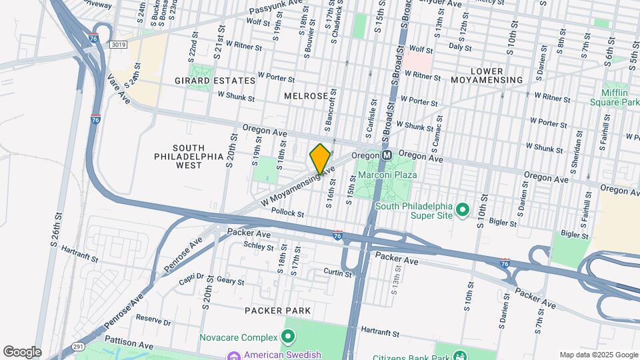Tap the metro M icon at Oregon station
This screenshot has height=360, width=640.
386,155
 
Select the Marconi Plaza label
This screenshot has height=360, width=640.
387,175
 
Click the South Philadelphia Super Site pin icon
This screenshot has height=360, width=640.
463,211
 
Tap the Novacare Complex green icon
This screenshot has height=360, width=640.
288,336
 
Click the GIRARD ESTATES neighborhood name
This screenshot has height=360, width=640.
215,81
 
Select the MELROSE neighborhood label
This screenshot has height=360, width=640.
306,96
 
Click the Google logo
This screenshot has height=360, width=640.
21,351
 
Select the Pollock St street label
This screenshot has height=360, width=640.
288,214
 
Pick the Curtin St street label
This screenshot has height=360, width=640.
337,272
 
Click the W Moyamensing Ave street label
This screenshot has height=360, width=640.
297,187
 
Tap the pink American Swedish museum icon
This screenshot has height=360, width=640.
232,354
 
